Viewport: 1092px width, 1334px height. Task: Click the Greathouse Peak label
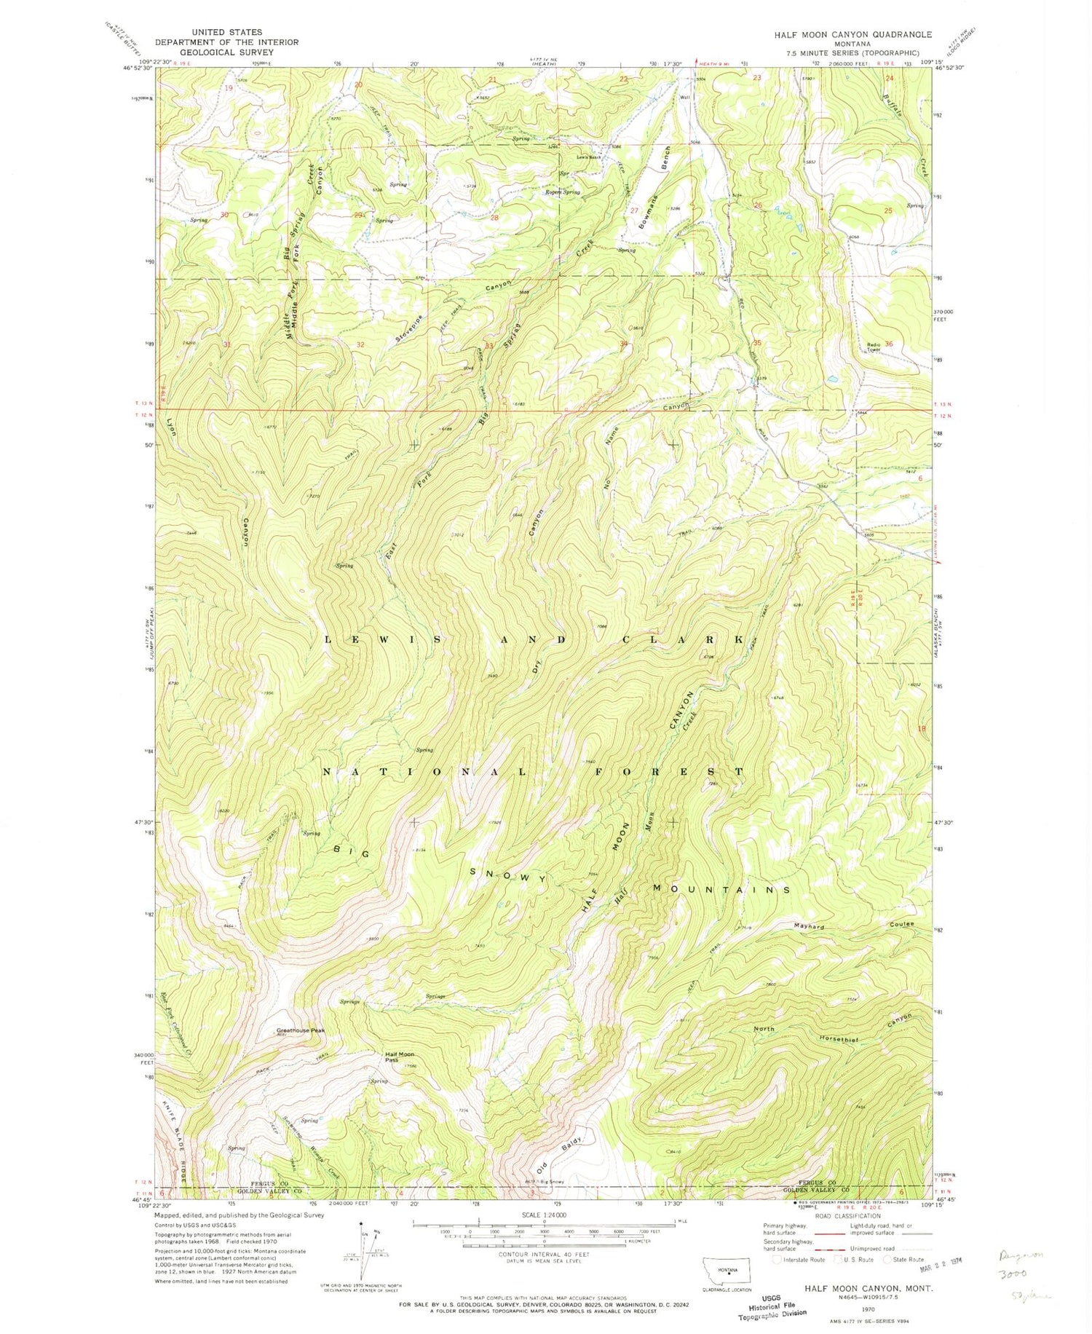click(x=300, y=1030)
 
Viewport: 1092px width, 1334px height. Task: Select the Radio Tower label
click(x=874, y=347)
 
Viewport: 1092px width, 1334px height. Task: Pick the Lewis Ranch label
click(x=589, y=157)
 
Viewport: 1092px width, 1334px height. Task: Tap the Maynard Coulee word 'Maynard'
click(x=809, y=927)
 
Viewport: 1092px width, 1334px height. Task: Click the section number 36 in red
click(x=889, y=344)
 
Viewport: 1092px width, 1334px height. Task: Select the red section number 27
click(x=634, y=210)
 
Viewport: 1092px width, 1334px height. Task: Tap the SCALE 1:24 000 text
click(x=536, y=1215)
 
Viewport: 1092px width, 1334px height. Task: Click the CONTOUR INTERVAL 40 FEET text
click(x=536, y=1254)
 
